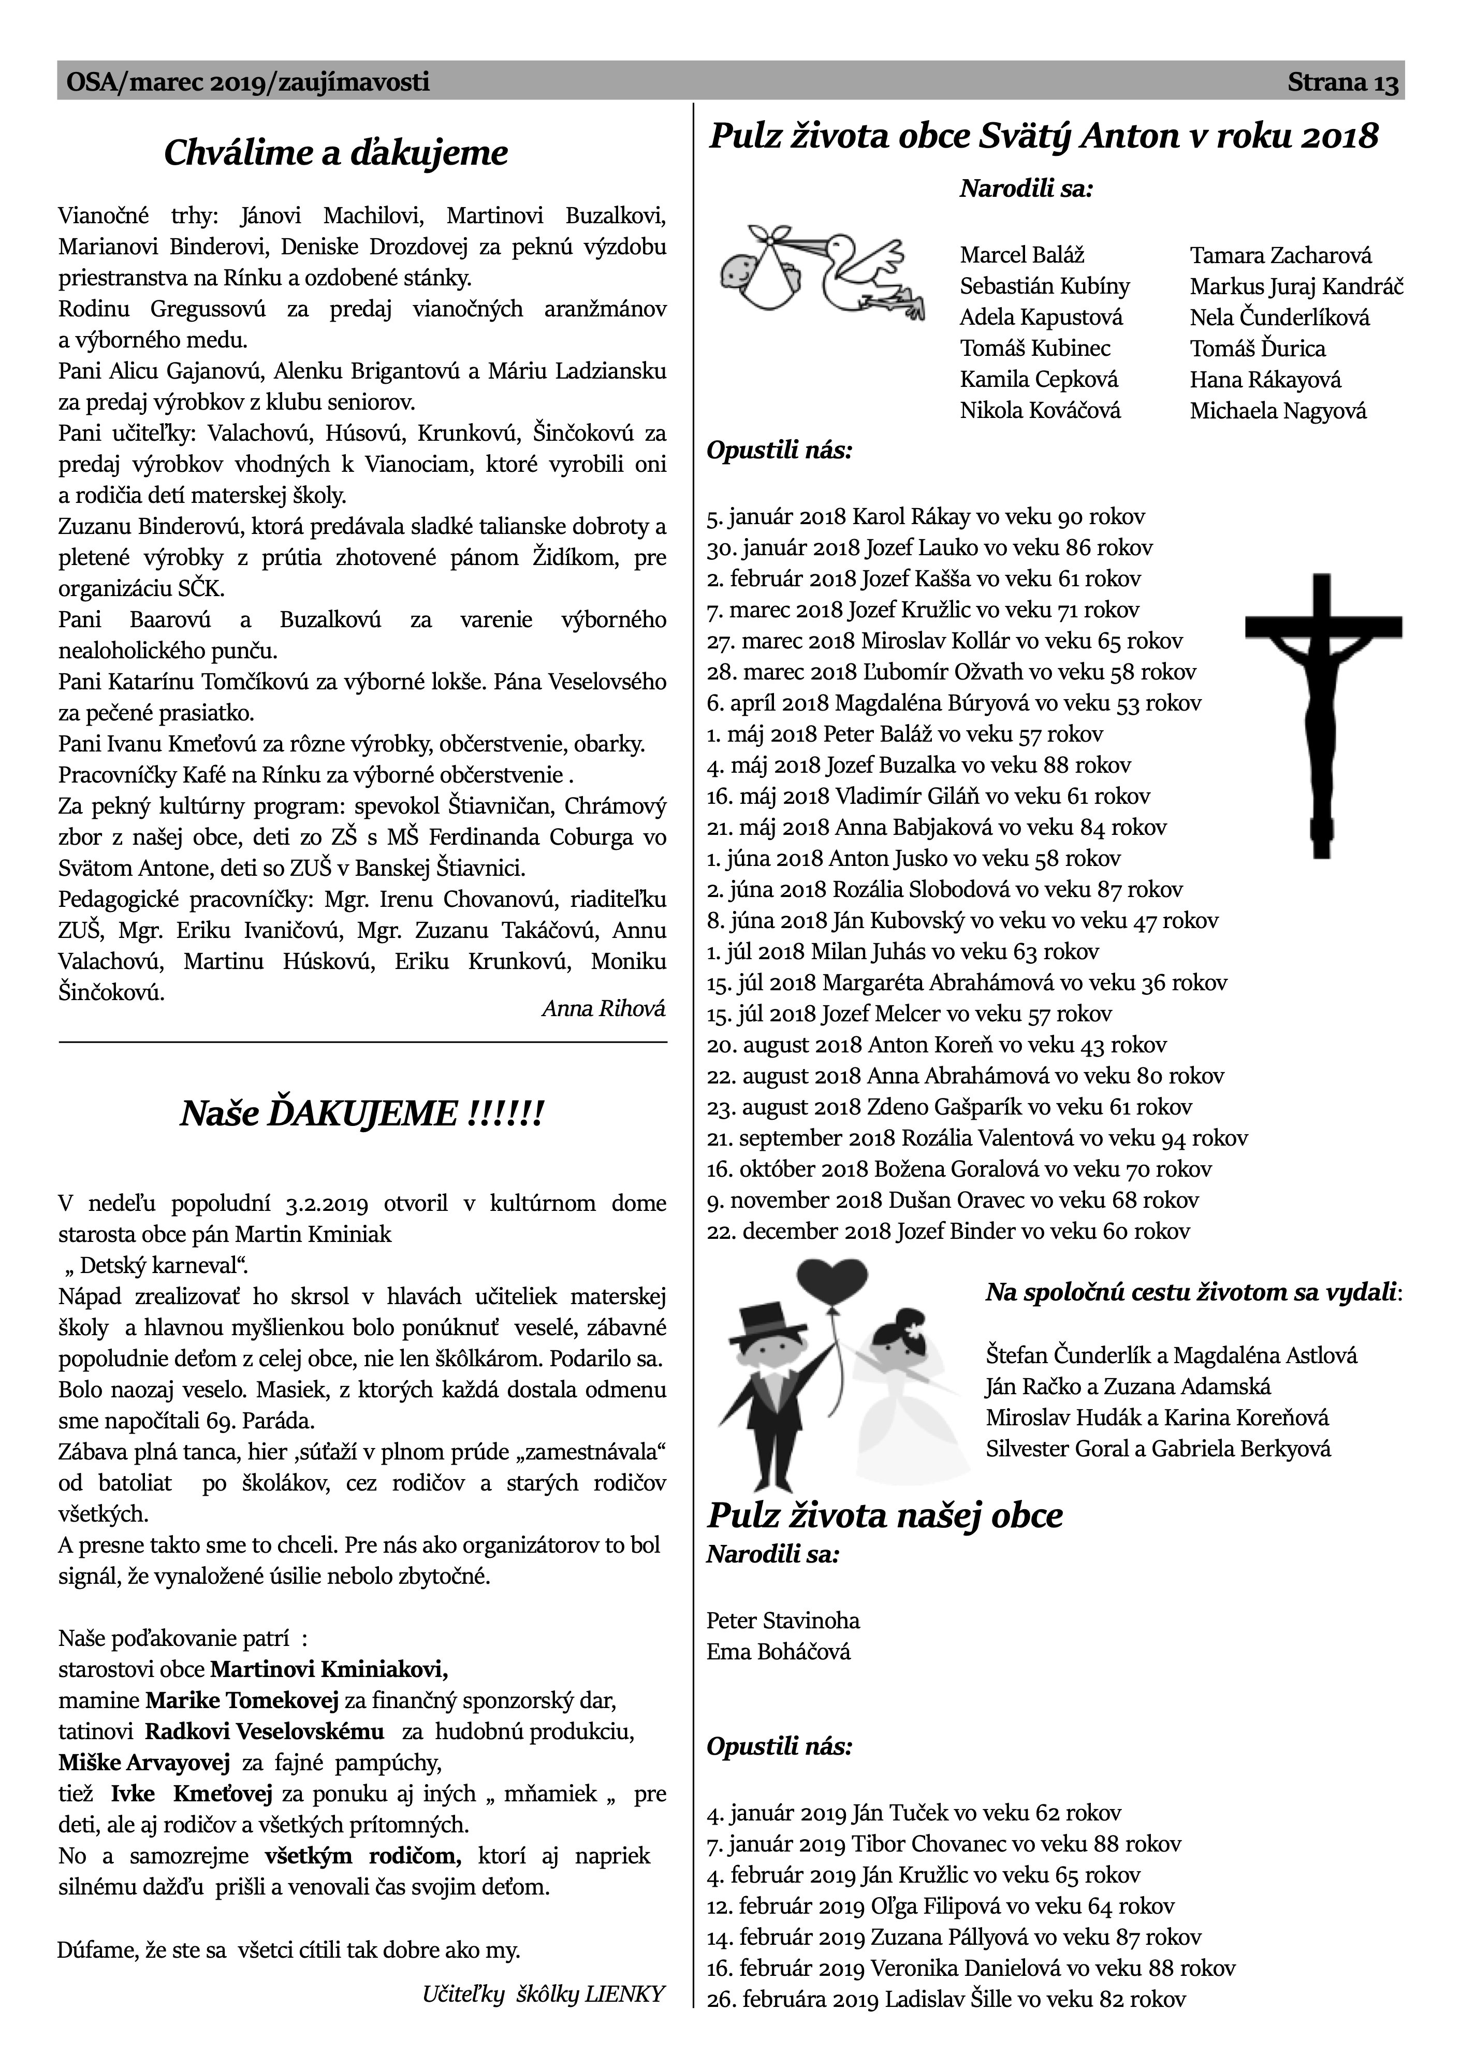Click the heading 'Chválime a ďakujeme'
[336, 153]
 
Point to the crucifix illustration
[1322, 711]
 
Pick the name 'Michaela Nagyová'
[1277, 411]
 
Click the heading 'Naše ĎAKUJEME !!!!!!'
[362, 1115]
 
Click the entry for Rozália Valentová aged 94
[977, 1138]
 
